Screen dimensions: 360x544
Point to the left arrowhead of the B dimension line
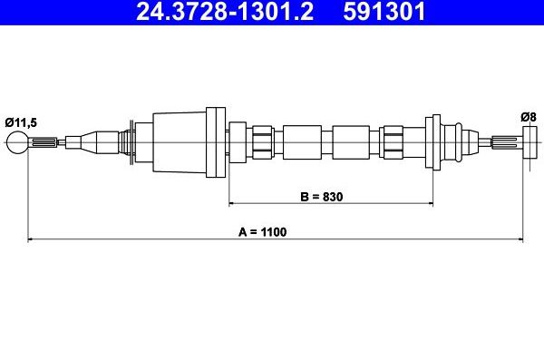[233, 203]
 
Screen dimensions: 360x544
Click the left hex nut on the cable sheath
[262, 141]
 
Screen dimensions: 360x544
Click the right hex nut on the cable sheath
[393, 141]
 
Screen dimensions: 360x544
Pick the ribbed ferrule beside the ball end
[46, 141]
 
